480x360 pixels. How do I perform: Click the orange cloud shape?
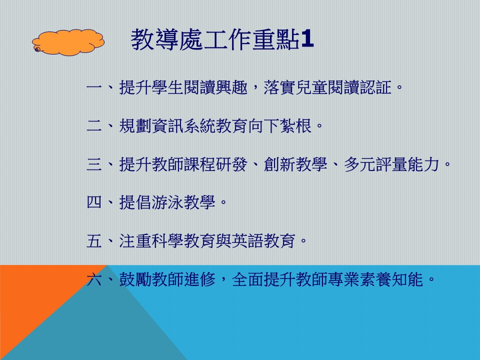coord(68,42)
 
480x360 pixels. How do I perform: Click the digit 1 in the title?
coord(307,39)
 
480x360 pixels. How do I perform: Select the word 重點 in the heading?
coord(276,39)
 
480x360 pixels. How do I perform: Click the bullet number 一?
coord(94,87)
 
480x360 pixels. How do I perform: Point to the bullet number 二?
coord(94,126)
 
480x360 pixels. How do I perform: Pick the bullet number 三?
coord(94,164)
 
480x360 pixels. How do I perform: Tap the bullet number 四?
coord(94,202)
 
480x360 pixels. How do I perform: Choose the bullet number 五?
coord(94,241)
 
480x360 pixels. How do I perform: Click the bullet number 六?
coord(94,279)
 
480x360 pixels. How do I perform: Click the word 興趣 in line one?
coord(231,87)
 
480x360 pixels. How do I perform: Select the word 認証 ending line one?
coord(376,87)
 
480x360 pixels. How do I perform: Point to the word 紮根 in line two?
coord(295,126)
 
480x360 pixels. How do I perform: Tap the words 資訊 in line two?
coord(167,126)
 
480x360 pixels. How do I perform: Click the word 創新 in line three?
coord(280,164)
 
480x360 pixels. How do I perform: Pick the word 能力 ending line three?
coord(424,164)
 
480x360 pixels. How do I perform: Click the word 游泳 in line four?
coord(167,202)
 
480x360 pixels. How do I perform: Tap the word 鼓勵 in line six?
coord(135,279)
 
